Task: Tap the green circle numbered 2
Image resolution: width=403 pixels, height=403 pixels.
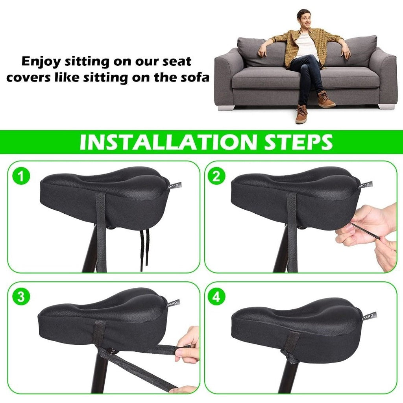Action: [x=216, y=176]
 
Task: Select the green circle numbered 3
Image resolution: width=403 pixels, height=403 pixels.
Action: [x=21, y=297]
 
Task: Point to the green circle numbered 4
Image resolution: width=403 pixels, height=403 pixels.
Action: [x=216, y=297]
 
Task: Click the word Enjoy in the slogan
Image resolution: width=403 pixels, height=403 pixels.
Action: [x=41, y=61]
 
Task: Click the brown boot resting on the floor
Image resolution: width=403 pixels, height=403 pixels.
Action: [x=301, y=115]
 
